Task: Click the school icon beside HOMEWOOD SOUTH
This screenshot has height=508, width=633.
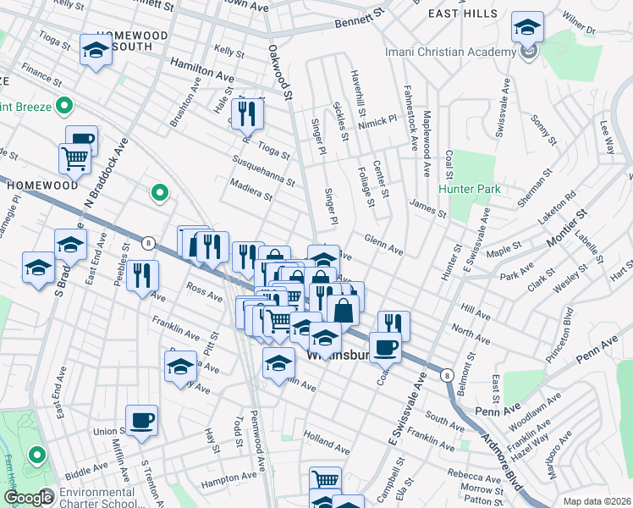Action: [95, 50]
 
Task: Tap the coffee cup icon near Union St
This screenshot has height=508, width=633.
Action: [141, 419]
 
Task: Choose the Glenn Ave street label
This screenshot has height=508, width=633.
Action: [384, 245]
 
